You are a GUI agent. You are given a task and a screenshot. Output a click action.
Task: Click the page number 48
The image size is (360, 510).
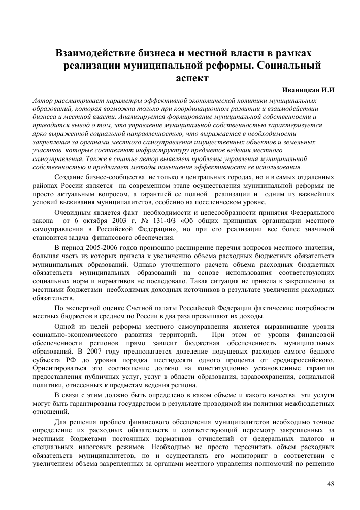tap(330, 484)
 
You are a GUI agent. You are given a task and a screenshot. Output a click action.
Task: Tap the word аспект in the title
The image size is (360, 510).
tap(192, 78)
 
